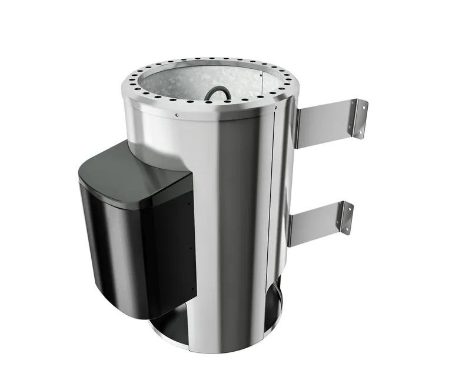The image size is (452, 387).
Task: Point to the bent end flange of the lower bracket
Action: click(x=346, y=218)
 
